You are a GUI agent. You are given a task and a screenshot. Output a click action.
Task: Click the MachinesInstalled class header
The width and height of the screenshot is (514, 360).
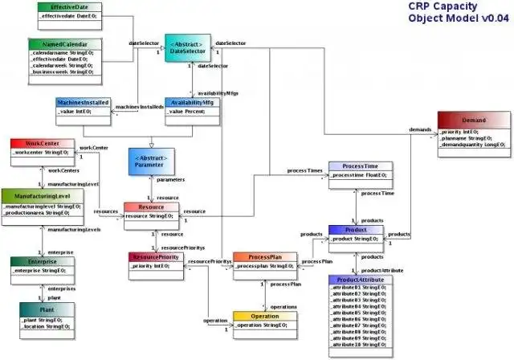point(82,103)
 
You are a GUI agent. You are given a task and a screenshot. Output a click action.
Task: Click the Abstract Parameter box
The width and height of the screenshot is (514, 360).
point(152,161)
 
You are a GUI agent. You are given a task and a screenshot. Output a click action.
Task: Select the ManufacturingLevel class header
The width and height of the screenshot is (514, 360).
point(41,195)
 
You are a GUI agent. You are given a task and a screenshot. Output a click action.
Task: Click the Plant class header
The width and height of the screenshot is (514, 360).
point(48,309)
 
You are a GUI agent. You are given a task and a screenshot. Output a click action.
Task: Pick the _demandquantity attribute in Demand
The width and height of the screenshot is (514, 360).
point(472,145)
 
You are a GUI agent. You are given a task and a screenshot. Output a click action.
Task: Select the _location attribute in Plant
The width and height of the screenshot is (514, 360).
point(47,327)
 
